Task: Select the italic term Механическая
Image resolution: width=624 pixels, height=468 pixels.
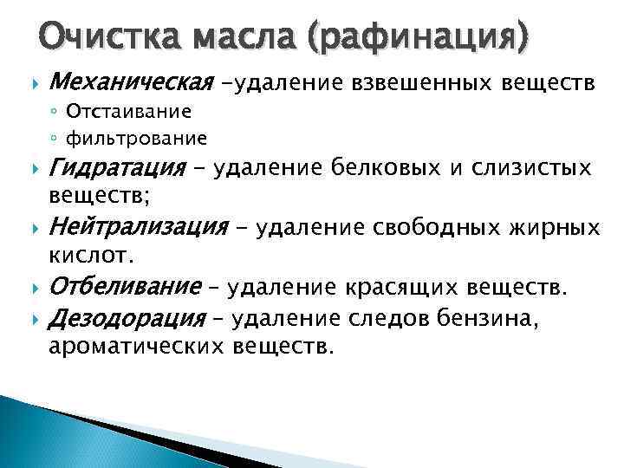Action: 132,83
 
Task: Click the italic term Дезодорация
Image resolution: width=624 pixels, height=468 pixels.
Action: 125,319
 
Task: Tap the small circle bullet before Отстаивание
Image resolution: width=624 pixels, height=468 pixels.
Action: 54,113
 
